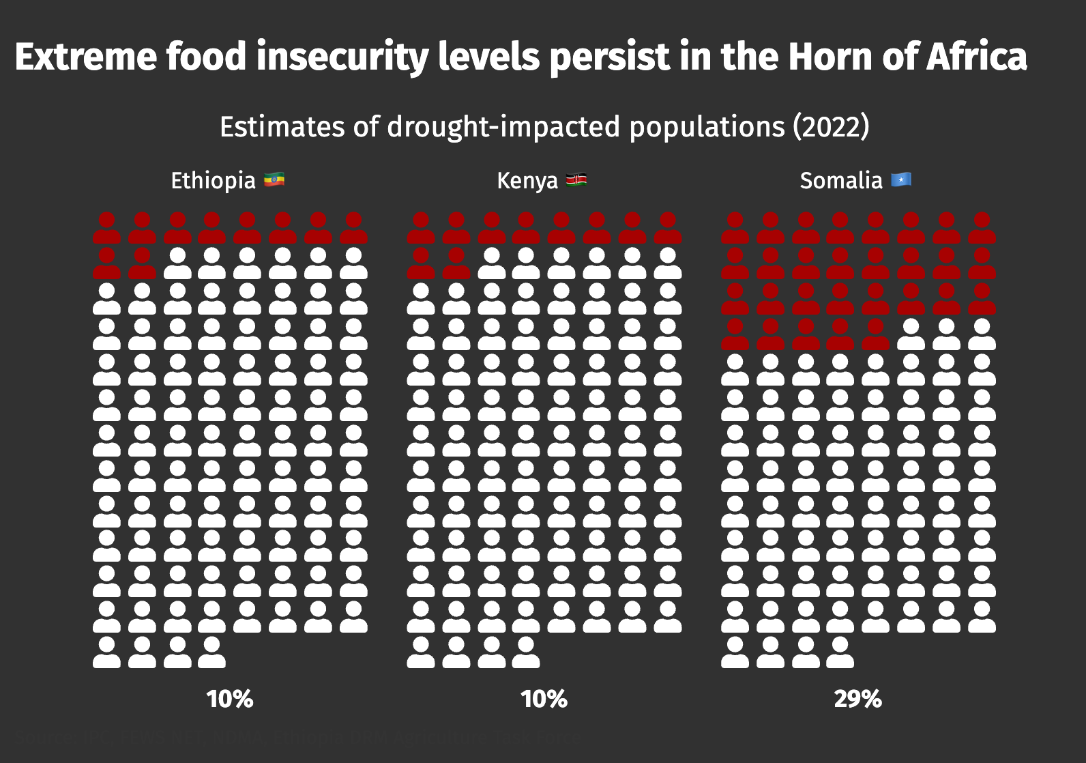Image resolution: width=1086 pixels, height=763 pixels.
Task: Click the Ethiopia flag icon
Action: [274, 180]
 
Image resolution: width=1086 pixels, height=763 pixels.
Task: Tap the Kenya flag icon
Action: [576, 180]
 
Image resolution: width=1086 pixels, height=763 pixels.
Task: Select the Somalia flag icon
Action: [901, 180]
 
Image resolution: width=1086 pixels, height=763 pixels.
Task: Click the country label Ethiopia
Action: [213, 181]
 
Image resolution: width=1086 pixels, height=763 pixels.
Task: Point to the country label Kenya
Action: [527, 181]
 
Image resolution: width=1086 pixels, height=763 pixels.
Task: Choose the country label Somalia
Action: [841, 181]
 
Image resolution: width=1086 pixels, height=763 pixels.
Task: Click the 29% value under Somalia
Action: [857, 699]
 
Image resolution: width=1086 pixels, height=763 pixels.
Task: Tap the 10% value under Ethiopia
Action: [230, 699]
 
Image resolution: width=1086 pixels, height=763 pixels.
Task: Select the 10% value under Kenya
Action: [544, 699]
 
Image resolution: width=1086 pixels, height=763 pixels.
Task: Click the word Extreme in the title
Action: [86, 57]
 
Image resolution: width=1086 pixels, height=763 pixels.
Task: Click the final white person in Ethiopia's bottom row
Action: [212, 652]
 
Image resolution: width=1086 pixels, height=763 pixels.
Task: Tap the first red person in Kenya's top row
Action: [421, 228]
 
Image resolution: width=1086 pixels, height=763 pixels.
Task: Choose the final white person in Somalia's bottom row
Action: [840, 652]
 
